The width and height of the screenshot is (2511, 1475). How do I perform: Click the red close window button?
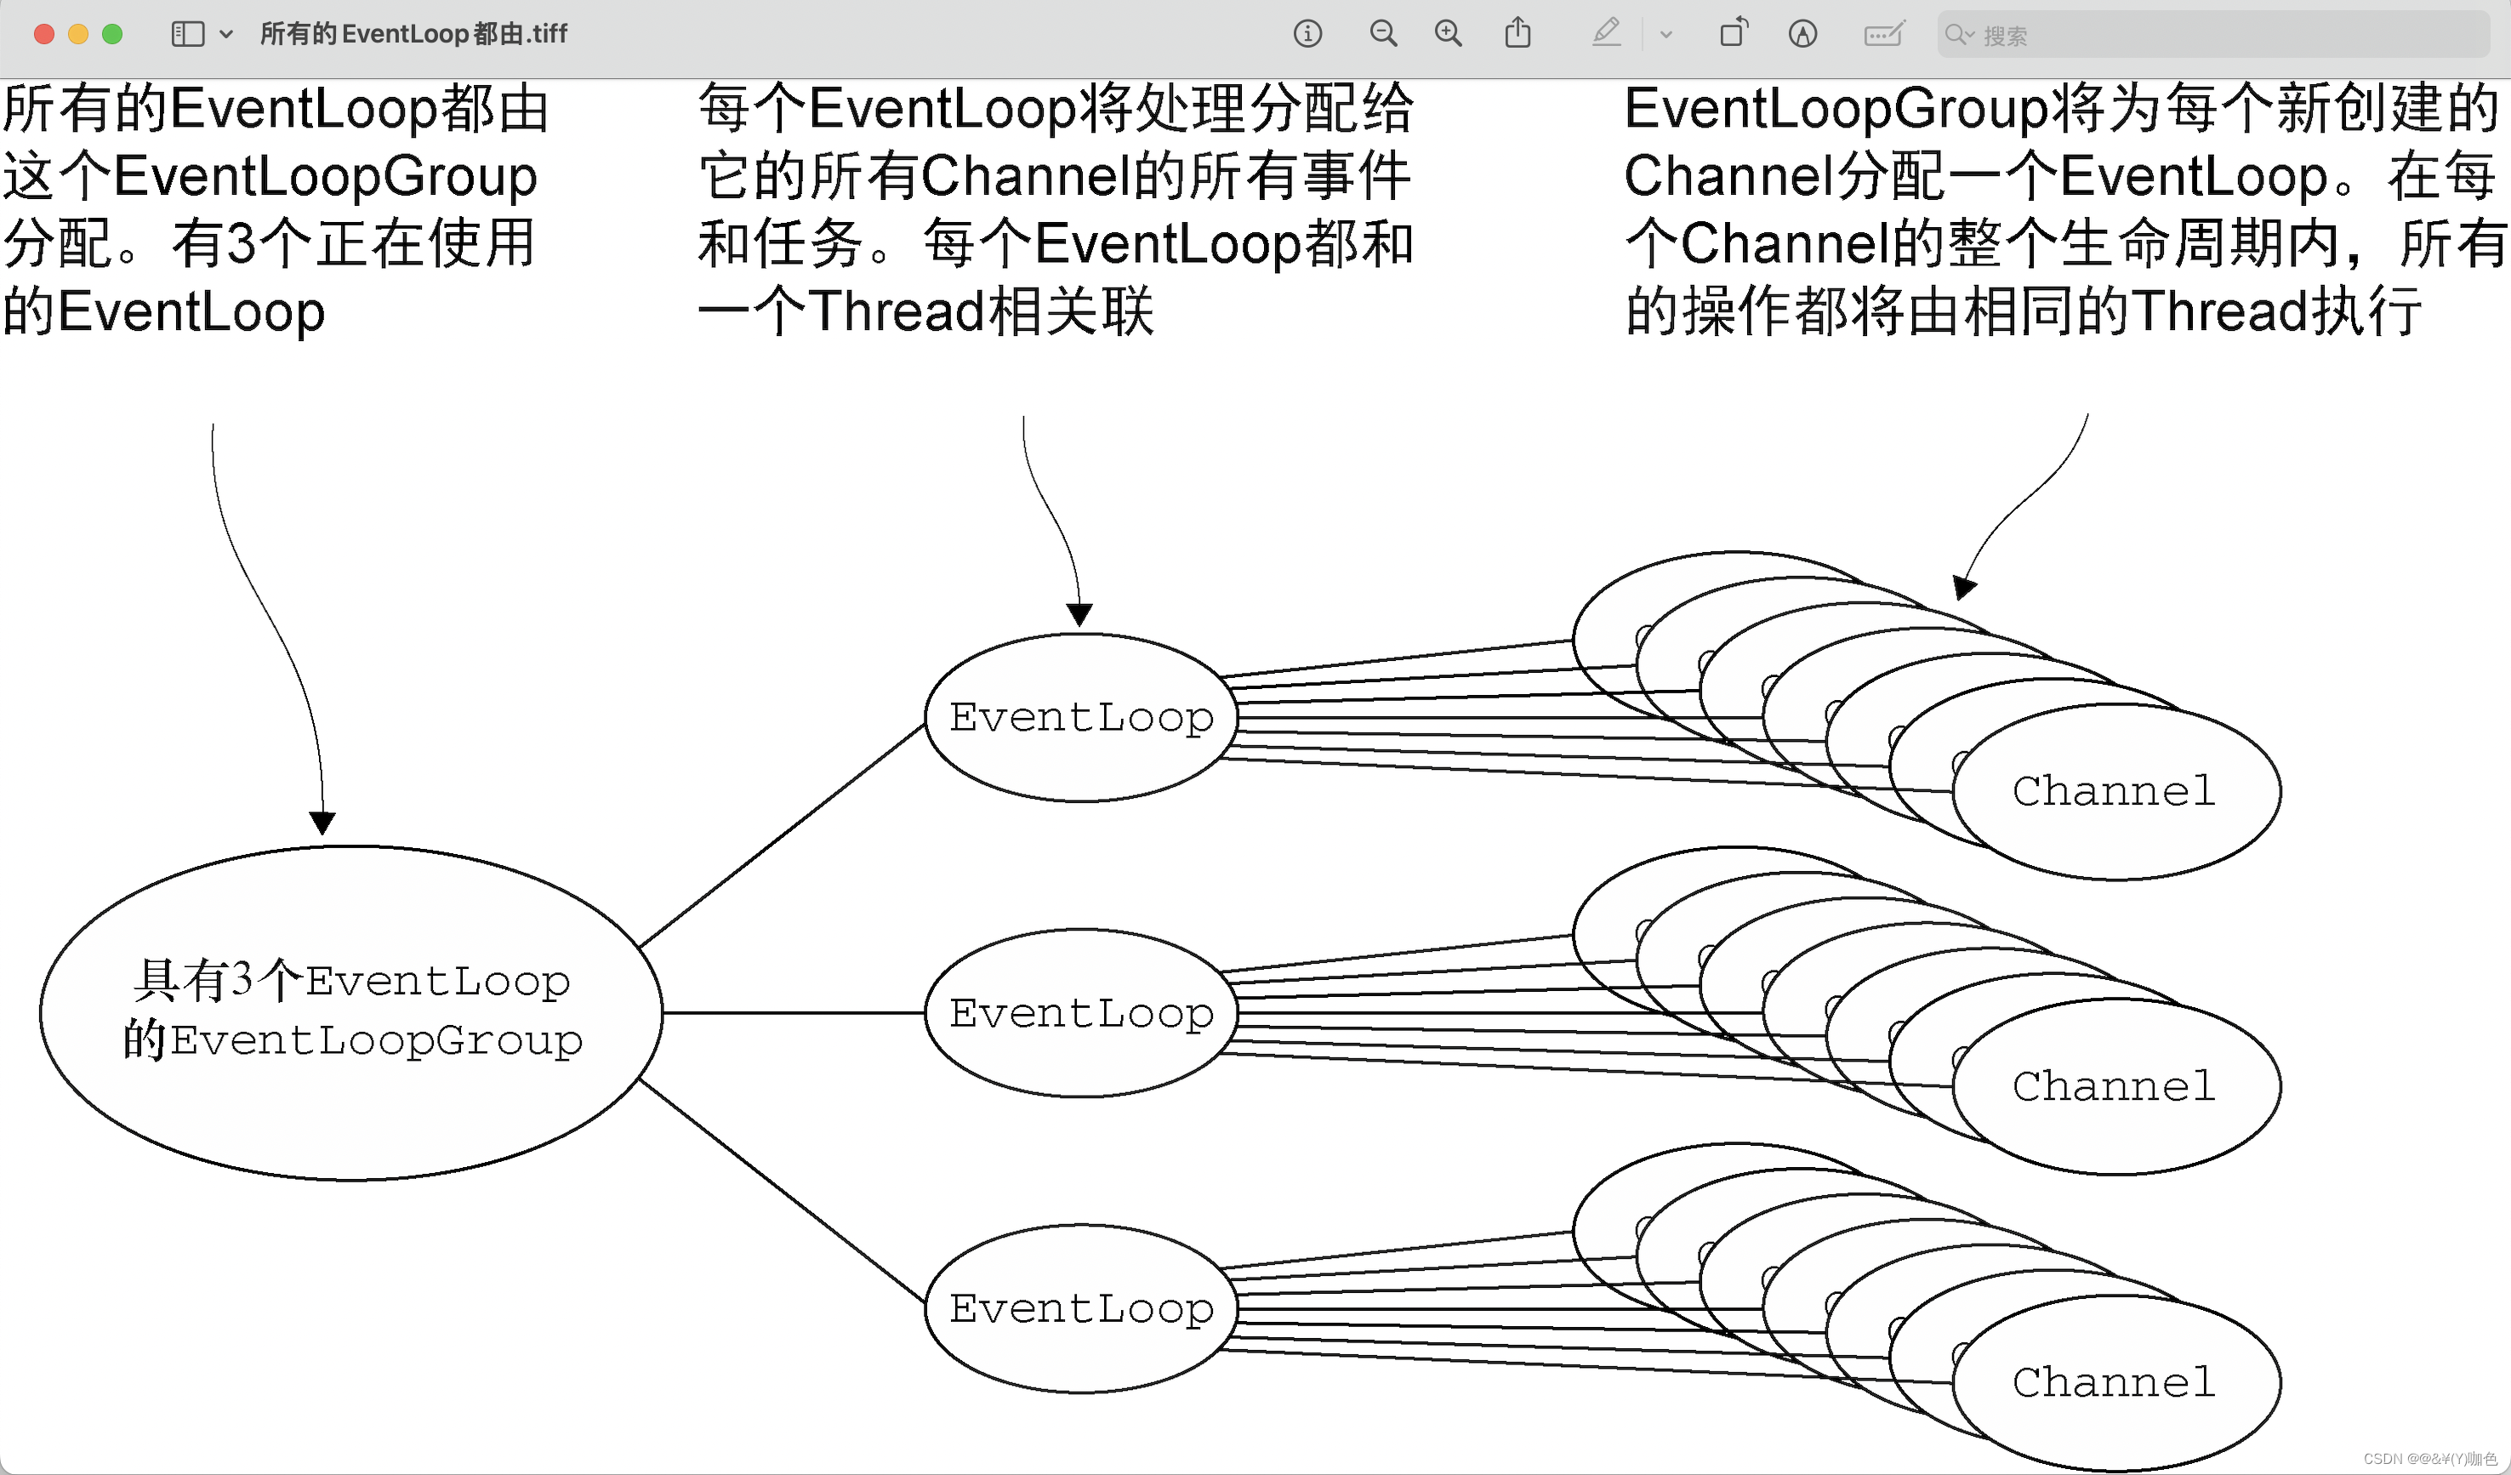pos(44,34)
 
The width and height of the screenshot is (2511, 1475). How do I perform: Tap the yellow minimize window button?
pos(77,34)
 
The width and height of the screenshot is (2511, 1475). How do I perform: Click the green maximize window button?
pos(112,34)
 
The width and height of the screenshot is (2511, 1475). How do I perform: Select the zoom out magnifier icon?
pos(1382,34)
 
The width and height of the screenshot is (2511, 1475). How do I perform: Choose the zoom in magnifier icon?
pos(1448,34)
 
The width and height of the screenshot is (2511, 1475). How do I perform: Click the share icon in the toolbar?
pos(1517,33)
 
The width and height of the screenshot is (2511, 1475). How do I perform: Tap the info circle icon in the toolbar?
pos(1307,34)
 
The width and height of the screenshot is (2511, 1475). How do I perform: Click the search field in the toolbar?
pos(2212,35)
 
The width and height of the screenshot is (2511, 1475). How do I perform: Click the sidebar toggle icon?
pos(187,34)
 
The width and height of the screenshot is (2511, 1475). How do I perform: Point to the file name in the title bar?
pos(413,34)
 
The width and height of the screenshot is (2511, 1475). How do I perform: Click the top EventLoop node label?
pos(1081,718)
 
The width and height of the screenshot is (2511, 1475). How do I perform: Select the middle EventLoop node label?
pos(1081,1014)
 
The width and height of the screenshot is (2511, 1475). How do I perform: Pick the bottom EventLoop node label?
pos(1081,1308)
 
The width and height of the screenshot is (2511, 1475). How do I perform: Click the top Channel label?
pos(2115,791)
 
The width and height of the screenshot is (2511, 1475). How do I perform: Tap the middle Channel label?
pos(2115,1086)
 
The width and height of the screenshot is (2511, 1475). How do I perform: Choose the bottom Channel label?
pos(2115,1382)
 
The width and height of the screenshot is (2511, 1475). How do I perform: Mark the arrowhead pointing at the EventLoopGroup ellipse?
pos(322,823)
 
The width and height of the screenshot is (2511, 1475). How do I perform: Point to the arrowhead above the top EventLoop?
pos(1079,614)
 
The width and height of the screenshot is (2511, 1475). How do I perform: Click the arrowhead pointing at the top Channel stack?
pos(1963,588)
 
